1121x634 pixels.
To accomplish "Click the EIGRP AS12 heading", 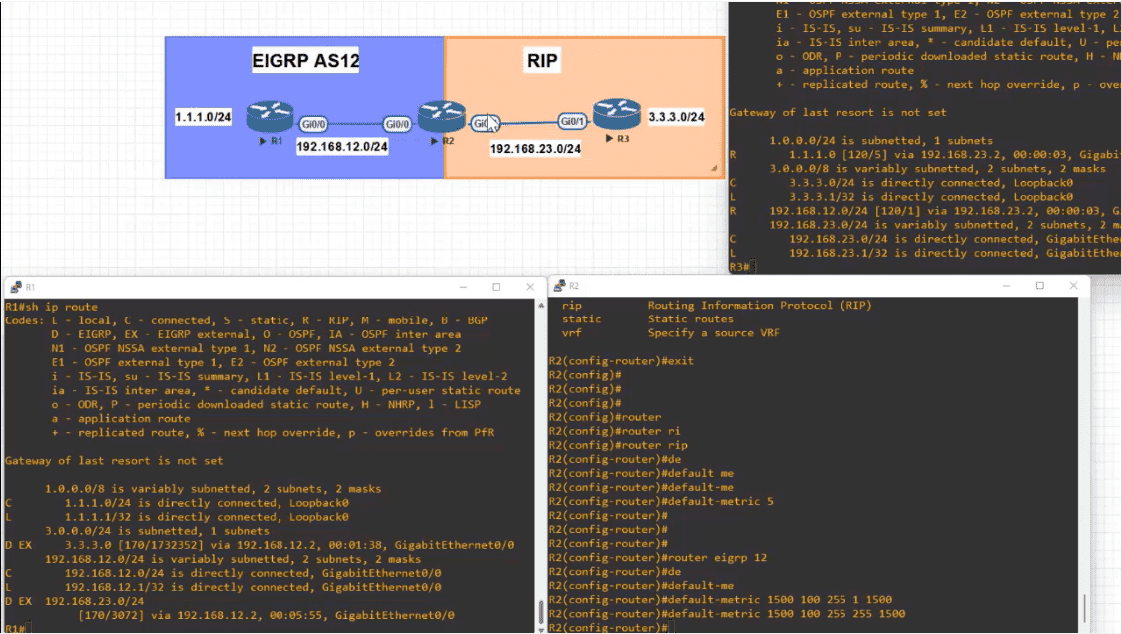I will (x=304, y=62).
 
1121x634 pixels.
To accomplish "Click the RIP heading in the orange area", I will (x=542, y=62).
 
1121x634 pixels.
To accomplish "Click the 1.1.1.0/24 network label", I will (x=203, y=118).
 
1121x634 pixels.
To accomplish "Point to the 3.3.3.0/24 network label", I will (x=676, y=117).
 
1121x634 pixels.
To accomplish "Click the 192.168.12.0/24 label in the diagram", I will (x=342, y=146).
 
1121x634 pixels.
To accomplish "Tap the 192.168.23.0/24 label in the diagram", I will (x=535, y=148).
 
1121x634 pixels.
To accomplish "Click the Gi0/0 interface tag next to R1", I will (x=313, y=125).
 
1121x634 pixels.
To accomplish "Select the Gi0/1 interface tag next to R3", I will (x=572, y=122).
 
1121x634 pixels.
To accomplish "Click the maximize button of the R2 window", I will (x=1039, y=286).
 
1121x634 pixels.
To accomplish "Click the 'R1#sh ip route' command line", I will (x=52, y=307).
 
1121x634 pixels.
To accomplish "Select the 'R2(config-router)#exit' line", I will (x=621, y=360).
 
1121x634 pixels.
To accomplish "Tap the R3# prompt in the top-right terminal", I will (x=740, y=267).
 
